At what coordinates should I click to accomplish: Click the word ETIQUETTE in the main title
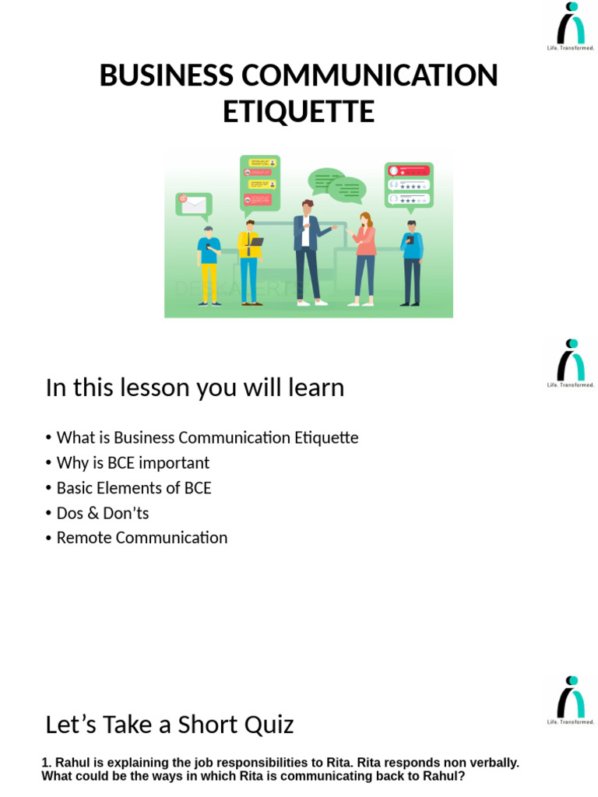298,111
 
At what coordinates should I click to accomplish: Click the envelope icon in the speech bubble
193,205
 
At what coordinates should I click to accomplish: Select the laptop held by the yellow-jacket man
255,242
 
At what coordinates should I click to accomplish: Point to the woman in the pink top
364,257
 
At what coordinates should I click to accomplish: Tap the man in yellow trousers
208,265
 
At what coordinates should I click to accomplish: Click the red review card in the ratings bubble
409,170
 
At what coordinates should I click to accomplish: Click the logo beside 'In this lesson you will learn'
571,362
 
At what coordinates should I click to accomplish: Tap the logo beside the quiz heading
571,700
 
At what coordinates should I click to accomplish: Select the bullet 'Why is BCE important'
132,463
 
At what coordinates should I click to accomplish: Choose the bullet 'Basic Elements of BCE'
133,488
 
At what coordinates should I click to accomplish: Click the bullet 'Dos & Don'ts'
102,513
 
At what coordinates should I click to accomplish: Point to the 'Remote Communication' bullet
142,538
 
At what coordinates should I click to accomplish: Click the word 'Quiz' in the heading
267,725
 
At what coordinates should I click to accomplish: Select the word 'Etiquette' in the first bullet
326,437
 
